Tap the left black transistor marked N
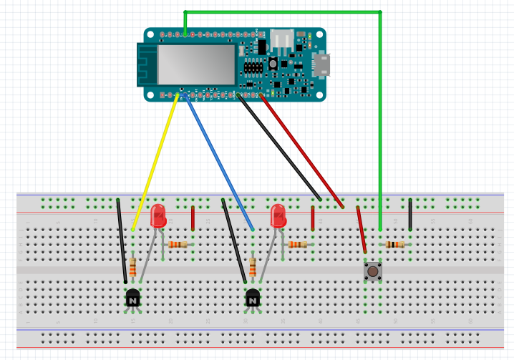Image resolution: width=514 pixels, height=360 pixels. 133,299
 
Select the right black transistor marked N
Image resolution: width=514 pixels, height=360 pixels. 253,299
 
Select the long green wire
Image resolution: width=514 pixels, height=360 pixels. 379,107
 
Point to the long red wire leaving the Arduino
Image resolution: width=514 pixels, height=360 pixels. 301,150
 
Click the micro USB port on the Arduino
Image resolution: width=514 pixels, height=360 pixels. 322,64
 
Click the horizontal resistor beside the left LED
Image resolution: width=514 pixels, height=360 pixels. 178,245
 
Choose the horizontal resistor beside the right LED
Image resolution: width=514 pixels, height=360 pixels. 298,245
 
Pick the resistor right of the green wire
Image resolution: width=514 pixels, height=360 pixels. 394,245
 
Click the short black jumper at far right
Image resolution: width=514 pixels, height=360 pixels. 410,215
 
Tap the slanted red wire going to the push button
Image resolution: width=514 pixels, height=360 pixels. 362,230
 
